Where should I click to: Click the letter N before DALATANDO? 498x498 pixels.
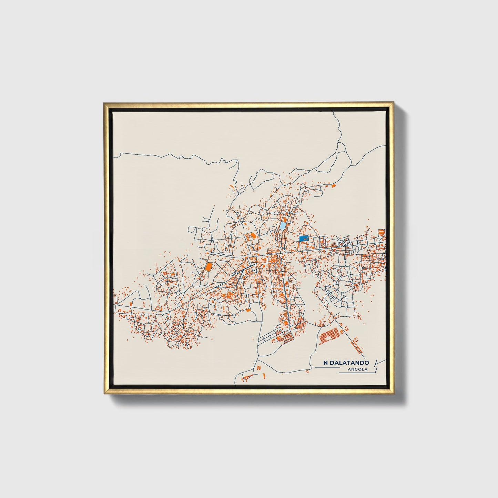[325, 363]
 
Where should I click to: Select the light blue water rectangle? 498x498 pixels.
[282, 226]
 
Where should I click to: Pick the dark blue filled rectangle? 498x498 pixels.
[304, 238]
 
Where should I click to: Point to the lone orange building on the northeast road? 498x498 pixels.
[334, 186]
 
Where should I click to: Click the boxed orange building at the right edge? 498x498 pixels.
[381, 232]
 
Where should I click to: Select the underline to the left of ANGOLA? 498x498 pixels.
[327, 367]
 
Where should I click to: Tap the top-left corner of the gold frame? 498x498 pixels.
[104, 103]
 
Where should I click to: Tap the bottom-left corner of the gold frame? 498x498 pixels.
[104, 394]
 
